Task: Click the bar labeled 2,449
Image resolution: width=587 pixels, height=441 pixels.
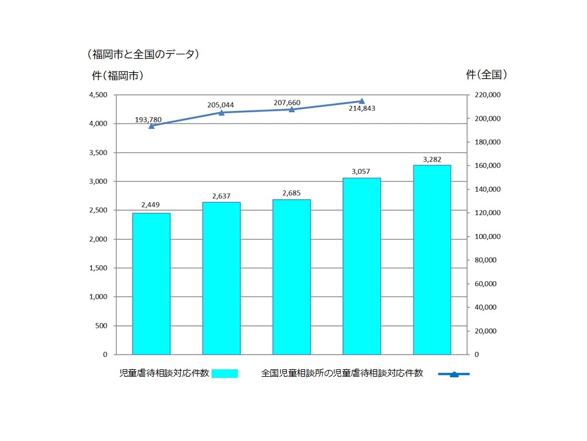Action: [151, 284]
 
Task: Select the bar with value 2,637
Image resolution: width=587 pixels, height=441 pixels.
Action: [221, 278]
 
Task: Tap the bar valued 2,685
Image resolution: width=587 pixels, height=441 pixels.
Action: [292, 277]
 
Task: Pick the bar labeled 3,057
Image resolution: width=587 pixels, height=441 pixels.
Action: [361, 266]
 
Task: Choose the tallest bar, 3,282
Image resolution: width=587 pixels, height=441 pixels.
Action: [432, 260]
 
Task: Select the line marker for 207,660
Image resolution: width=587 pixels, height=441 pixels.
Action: [292, 110]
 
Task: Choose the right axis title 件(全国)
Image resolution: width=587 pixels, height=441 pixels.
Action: [487, 75]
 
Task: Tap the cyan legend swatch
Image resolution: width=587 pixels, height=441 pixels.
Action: [224, 374]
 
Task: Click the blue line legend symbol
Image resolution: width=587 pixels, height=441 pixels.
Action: [454, 374]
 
